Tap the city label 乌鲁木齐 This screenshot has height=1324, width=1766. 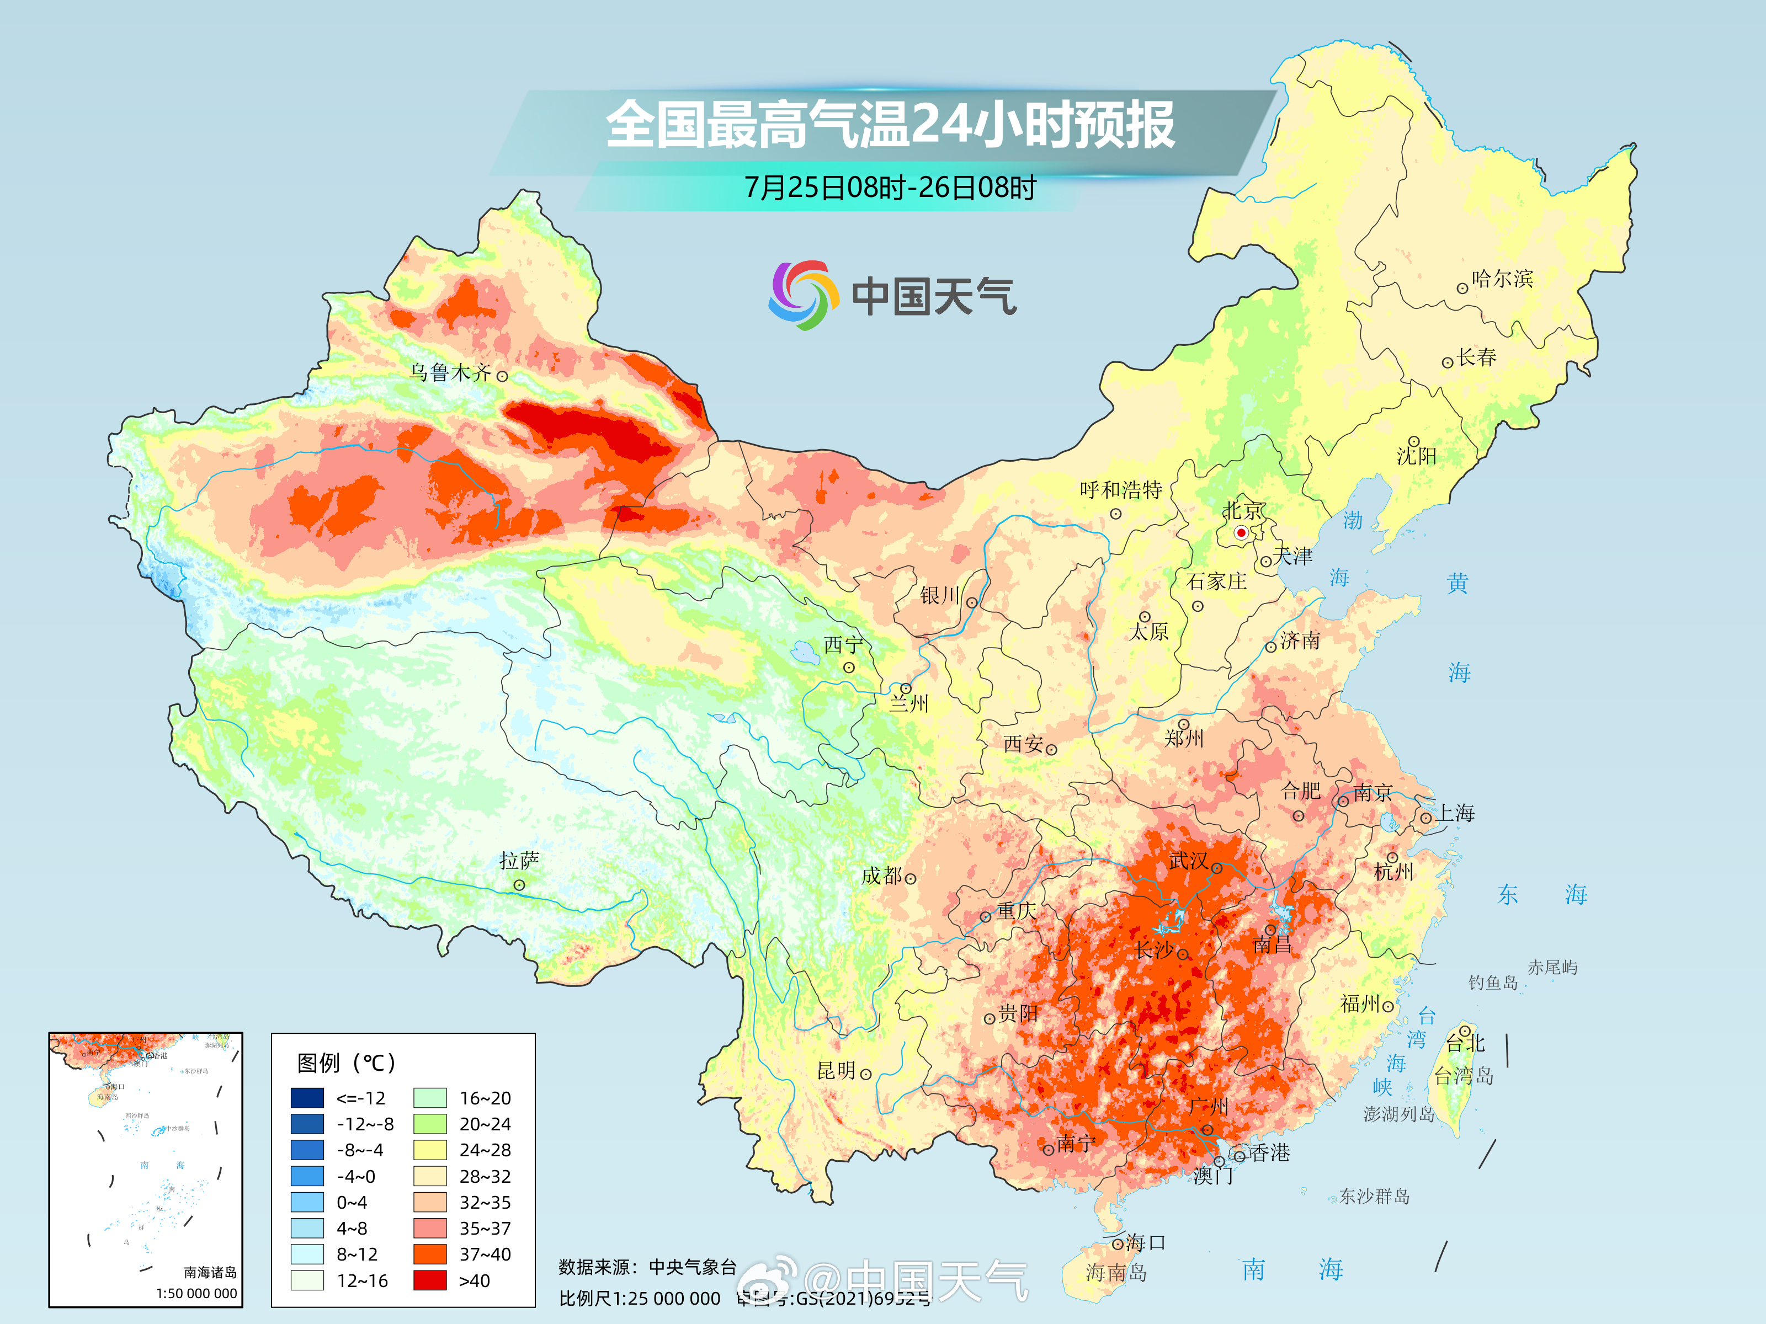[x=450, y=373]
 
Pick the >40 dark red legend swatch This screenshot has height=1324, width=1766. [x=429, y=1280]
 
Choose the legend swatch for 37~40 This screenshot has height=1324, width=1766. [x=429, y=1254]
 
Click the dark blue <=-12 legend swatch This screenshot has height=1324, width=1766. [x=307, y=1098]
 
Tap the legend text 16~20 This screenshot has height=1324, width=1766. [x=485, y=1098]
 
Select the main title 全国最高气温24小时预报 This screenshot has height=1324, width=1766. [x=890, y=125]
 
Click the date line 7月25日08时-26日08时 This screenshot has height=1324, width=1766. [x=890, y=188]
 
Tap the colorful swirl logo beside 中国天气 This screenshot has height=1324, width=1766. [x=803, y=295]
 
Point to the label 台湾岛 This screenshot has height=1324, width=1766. [x=1464, y=1076]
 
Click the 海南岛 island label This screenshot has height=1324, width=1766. [x=1116, y=1272]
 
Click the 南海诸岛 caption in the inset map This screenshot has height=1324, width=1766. [x=210, y=1272]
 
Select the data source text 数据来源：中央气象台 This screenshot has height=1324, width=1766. [x=647, y=1267]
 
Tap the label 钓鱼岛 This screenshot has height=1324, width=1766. [x=1492, y=983]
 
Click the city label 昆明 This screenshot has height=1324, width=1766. [x=836, y=1070]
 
